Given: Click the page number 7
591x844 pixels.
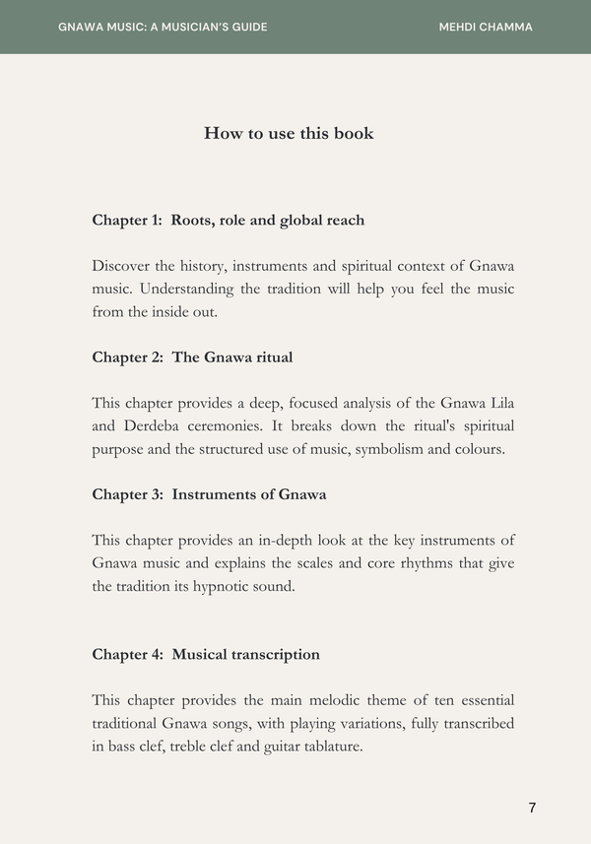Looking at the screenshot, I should click(532, 808).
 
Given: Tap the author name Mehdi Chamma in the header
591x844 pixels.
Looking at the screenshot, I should click(486, 27).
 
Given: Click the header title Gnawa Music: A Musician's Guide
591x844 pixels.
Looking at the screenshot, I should click(163, 27).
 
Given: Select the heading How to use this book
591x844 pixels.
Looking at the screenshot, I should click(289, 133).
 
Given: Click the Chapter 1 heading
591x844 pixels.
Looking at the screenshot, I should click(228, 220).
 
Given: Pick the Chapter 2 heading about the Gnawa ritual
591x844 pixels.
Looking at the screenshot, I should click(192, 357).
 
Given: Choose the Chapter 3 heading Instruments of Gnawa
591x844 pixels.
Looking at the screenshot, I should click(209, 493).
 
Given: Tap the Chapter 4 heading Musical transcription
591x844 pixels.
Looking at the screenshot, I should click(206, 654).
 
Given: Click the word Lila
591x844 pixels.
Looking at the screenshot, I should click(500, 403).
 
